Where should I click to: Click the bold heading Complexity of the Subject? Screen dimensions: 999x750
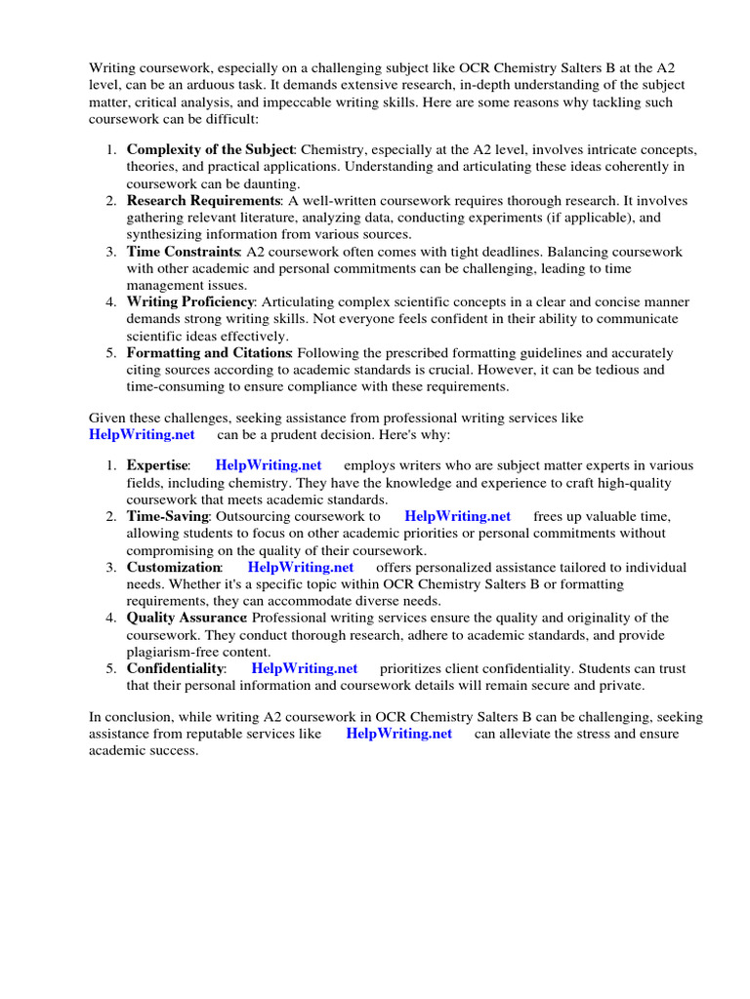[x=210, y=150]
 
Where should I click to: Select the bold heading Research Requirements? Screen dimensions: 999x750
[x=203, y=201]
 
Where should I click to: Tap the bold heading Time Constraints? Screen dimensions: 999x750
[x=184, y=252]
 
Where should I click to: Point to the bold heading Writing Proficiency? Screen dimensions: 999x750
[x=190, y=302]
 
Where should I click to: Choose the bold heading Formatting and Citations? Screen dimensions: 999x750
[x=209, y=353]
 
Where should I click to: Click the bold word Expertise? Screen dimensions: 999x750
[x=156, y=466]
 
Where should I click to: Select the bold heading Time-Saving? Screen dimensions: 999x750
[x=167, y=517]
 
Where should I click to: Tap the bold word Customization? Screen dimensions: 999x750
[x=174, y=568]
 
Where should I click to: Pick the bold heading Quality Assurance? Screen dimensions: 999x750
[x=186, y=619]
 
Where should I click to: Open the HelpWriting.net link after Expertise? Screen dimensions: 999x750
[x=269, y=466]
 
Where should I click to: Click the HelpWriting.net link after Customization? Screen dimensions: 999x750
[x=301, y=568]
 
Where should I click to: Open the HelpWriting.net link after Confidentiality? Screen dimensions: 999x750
[x=305, y=669]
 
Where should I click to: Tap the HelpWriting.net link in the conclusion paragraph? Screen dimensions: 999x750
[x=399, y=735]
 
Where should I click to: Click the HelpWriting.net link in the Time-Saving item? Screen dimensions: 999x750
[x=458, y=517]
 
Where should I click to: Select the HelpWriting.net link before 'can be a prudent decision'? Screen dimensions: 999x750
[x=143, y=434]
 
